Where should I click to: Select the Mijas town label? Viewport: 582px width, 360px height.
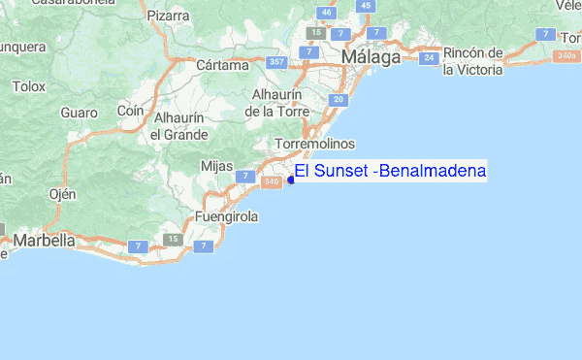coord(216,166)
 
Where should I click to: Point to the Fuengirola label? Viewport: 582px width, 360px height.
coord(226,217)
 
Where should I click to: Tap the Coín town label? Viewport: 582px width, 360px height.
coord(130,111)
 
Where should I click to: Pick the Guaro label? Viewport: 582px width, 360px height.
coord(79,113)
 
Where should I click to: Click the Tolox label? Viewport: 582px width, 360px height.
coord(29,86)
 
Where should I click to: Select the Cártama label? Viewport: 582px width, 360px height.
coord(216,65)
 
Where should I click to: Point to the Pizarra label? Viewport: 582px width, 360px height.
coord(170,16)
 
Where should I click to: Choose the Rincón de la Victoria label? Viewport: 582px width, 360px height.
coord(472,61)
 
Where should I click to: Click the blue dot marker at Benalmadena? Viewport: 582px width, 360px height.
coord(291,180)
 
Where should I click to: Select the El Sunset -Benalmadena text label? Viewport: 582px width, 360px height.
coord(391,172)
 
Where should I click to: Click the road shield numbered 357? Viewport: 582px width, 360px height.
coord(277,63)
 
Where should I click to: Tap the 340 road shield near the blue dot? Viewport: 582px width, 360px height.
coord(274,181)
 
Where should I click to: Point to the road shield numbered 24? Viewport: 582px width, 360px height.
coord(429,58)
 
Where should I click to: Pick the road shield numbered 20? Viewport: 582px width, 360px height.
coord(339,100)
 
